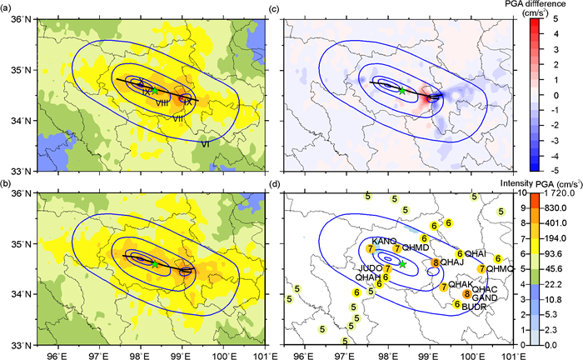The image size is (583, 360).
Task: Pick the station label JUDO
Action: point(371,268)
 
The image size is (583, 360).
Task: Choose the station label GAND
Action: point(485,297)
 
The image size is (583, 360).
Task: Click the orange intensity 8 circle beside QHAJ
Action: point(436,263)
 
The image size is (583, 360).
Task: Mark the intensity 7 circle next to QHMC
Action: point(482,269)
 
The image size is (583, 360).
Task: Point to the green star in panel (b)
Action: point(154,263)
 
